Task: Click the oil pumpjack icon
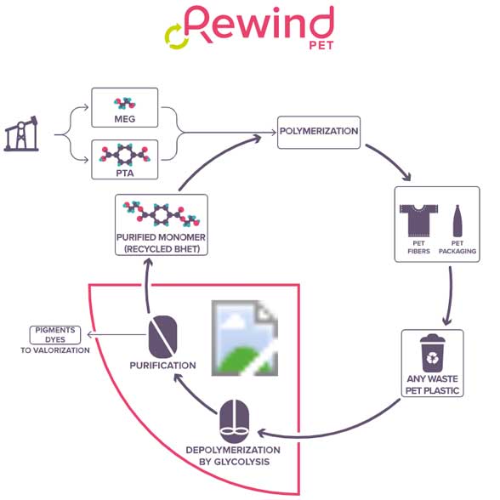[x=21, y=134]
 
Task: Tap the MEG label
[x=125, y=119]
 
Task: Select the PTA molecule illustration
[x=125, y=155]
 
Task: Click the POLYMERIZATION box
[x=319, y=133]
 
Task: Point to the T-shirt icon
[x=418, y=220]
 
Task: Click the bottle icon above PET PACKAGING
[x=457, y=221]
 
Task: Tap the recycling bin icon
[x=432, y=353]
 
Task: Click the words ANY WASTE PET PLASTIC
[x=432, y=384]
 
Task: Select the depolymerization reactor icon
[x=235, y=421]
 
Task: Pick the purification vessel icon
[x=163, y=337]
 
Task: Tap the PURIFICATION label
[x=163, y=366]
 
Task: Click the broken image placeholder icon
[x=245, y=338]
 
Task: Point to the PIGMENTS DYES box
[x=55, y=335]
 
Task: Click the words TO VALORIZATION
[x=55, y=350]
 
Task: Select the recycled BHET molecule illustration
[x=162, y=213]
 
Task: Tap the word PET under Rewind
[x=321, y=46]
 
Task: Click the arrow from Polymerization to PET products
[x=390, y=161]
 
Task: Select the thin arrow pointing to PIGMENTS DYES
[x=116, y=334]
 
